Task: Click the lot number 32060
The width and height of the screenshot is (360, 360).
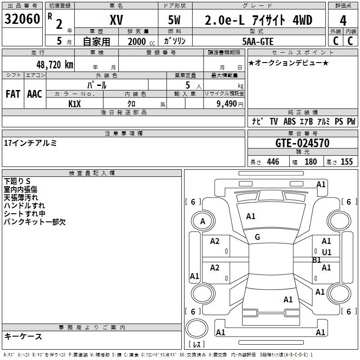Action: coord(22,20)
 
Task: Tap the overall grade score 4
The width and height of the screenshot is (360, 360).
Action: coord(343,20)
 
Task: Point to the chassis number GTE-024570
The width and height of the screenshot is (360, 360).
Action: coord(302,144)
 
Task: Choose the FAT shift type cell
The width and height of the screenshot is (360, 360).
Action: coord(13,94)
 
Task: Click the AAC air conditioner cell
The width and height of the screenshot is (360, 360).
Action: coord(35,94)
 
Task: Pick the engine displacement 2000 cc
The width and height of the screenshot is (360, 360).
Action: coord(137,41)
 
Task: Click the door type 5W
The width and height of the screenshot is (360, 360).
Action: coord(175,20)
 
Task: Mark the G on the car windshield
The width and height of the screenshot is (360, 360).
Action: coord(257,237)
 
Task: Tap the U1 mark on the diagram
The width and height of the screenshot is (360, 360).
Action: coord(326,252)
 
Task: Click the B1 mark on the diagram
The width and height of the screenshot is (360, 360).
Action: coord(317,260)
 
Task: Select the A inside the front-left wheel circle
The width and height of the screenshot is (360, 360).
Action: coord(202,221)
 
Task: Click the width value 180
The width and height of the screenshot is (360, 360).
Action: coord(310,162)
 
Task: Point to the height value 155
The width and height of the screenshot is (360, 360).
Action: coord(346,162)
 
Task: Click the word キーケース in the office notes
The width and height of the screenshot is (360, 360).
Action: coord(23,337)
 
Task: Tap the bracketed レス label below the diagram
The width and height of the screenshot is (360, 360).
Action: coord(197,345)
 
